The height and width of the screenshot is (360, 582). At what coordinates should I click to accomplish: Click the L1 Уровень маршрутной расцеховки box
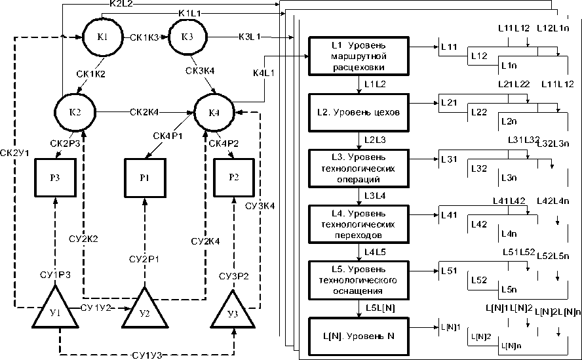[359, 56]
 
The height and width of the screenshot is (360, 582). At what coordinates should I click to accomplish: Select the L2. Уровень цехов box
[359, 112]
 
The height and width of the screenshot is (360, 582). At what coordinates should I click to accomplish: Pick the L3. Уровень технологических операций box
[359, 169]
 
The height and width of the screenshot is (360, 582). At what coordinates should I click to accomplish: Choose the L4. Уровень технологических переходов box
[359, 224]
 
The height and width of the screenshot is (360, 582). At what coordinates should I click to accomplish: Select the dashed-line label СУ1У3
[147, 355]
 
